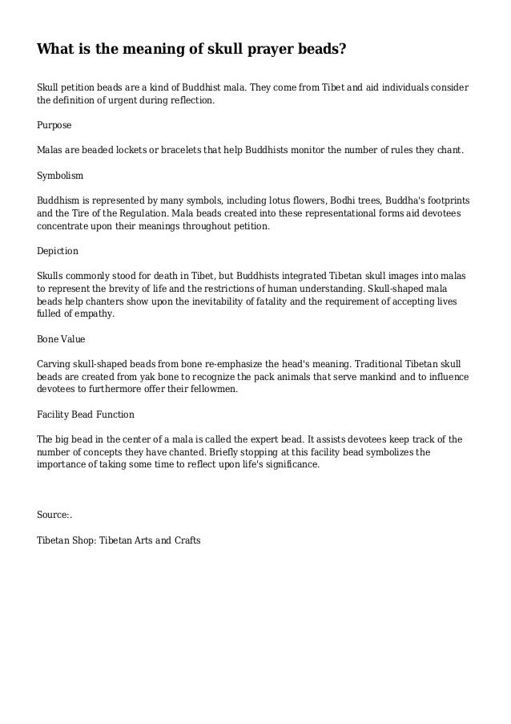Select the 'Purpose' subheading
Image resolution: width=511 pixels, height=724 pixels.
54,126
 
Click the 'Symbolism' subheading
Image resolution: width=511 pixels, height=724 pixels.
60,174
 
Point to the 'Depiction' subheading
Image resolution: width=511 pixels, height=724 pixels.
58,250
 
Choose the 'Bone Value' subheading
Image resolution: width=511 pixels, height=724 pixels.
61,338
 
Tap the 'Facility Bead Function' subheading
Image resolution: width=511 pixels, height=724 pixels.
86,415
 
